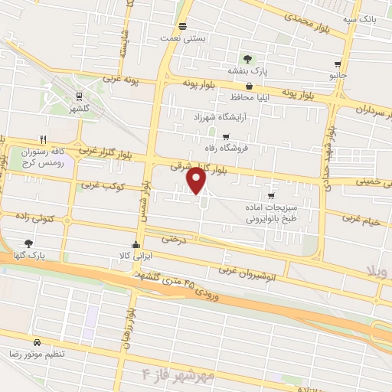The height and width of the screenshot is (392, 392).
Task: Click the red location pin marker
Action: pyautogui.click(x=197, y=181)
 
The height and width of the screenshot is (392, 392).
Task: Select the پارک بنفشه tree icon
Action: pyautogui.click(x=247, y=59)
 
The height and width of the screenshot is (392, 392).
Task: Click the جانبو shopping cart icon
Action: pyautogui.click(x=338, y=65)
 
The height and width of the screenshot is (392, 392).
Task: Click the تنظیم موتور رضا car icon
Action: pyautogui.click(x=36, y=341)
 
